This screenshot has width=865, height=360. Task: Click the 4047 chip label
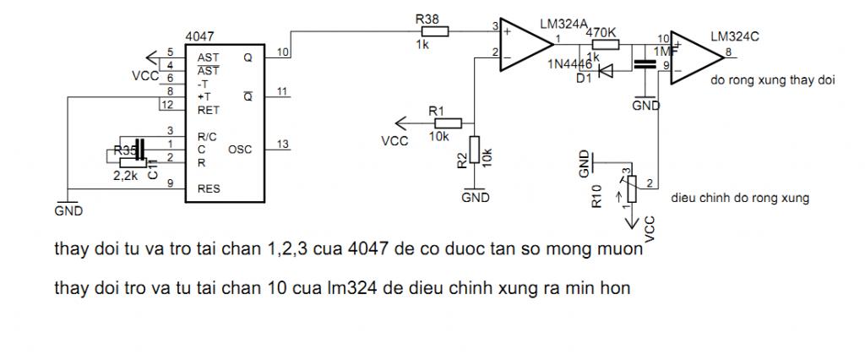199,38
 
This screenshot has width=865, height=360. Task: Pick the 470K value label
601,33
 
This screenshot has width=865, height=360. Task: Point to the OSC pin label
240,149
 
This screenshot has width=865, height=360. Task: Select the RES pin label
209,188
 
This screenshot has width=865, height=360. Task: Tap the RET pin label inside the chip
209,109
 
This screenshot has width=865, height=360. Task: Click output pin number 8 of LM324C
728,52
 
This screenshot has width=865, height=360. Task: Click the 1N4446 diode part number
569,64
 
